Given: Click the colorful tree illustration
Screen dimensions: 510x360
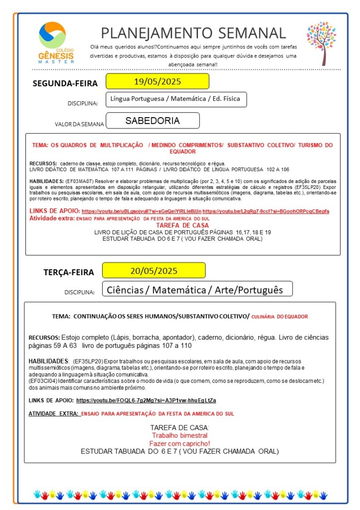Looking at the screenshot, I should pyautogui.click(x=321, y=42).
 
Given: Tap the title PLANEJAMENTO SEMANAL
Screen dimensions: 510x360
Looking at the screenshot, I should pyautogui.click(x=193, y=33).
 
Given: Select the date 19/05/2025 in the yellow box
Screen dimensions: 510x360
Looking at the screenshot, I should pyautogui.click(x=157, y=81).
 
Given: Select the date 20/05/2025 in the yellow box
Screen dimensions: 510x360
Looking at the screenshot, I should pyautogui.click(x=154, y=271).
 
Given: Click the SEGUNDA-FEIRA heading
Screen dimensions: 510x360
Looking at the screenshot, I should pyautogui.click(x=65, y=83).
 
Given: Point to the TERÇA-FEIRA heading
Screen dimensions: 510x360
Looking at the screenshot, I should pyautogui.click(x=68, y=272).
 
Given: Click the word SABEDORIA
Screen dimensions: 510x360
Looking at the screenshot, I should pyautogui.click(x=153, y=121).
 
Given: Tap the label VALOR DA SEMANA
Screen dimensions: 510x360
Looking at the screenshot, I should pyautogui.click(x=79, y=124).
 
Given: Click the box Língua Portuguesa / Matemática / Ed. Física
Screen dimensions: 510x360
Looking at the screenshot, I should pyautogui.click(x=176, y=99).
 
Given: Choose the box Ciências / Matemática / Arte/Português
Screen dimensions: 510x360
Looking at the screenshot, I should pyautogui.click(x=195, y=290).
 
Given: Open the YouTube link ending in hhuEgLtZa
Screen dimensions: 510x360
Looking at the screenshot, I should pyautogui.click(x=146, y=400).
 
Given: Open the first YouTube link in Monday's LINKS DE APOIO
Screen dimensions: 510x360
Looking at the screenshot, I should pyautogui.click(x=142, y=211).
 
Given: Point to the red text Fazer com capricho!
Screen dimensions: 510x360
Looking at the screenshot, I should pyautogui.click(x=180, y=443).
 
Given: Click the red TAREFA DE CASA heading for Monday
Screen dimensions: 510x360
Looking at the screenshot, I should pyautogui.click(x=182, y=225).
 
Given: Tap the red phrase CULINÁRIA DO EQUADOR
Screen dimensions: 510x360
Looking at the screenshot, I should pyautogui.click(x=279, y=317).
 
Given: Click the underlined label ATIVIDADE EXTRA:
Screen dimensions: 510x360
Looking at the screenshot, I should pyautogui.click(x=53, y=414).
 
